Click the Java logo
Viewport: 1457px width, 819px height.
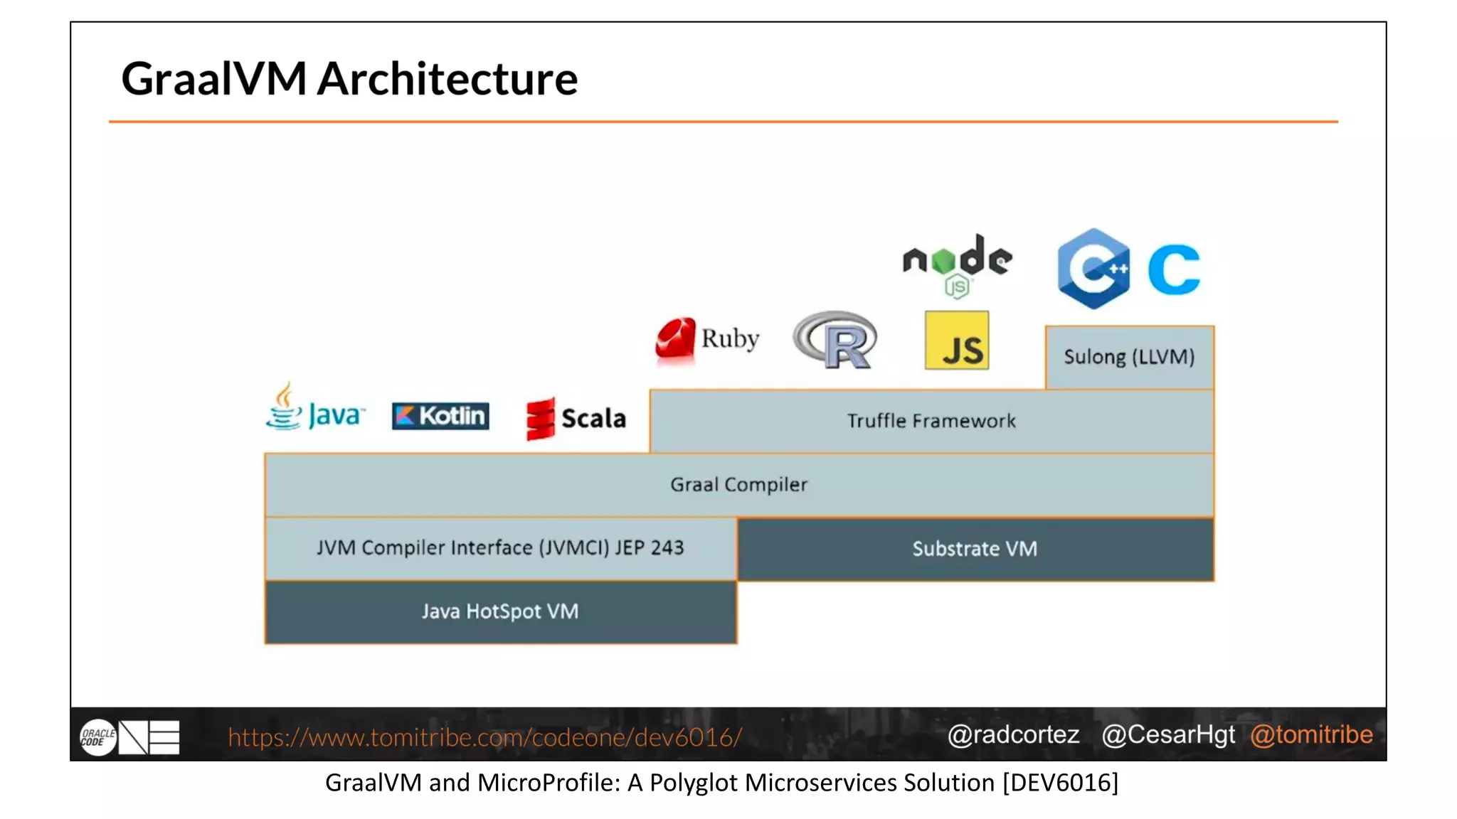[314, 408]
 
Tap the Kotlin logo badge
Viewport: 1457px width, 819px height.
[440, 416]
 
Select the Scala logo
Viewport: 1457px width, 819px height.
[576, 418]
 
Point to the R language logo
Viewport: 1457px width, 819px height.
[836, 340]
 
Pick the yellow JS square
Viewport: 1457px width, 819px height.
[956, 341]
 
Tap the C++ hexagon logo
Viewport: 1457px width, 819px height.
[1093, 268]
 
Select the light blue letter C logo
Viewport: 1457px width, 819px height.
[1174, 269]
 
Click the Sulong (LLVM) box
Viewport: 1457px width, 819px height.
[1129, 357]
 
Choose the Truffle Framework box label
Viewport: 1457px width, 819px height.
[931, 421]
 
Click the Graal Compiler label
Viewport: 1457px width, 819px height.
[738, 485]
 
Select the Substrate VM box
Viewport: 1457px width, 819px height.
[975, 549]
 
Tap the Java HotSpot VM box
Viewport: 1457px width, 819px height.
[500, 612]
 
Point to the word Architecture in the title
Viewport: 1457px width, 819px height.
[447, 78]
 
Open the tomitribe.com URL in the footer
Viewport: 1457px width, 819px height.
[484, 737]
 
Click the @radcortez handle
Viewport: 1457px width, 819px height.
[1013, 734]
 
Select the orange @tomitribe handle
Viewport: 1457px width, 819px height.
[1311, 734]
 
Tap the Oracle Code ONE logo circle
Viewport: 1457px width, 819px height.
[97, 737]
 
